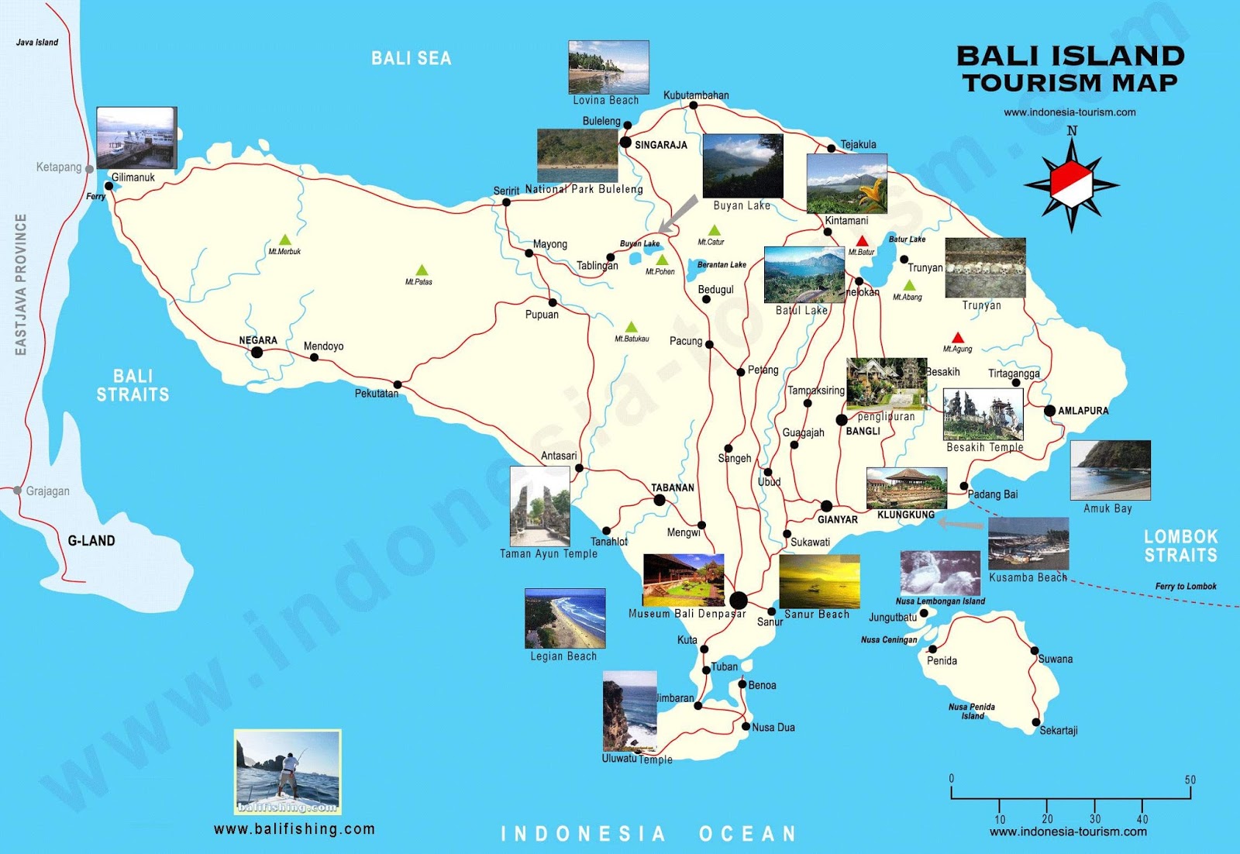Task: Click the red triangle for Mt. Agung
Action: [x=958, y=338]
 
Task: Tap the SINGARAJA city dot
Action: [x=625, y=142]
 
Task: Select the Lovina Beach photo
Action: [x=608, y=67]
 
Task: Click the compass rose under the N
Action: [x=1072, y=184]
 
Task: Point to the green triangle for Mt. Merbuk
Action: [x=285, y=240]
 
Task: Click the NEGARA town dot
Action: [x=257, y=353]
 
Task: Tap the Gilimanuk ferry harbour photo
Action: [x=136, y=137]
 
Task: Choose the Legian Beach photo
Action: [x=565, y=618]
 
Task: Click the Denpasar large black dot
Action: [x=739, y=600]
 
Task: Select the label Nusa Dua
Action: [x=773, y=728]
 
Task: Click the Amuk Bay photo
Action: [x=1110, y=470]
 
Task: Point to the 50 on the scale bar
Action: [x=1190, y=780]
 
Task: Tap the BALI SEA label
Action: [x=411, y=58]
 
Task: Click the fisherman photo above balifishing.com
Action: [x=288, y=771]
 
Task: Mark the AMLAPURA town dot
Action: [x=1049, y=411]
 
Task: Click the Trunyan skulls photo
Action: [x=985, y=268]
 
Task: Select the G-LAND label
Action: [x=91, y=541]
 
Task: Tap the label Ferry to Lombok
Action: [x=1185, y=587]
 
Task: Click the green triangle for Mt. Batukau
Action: [x=632, y=327]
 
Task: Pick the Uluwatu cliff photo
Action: [x=629, y=711]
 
